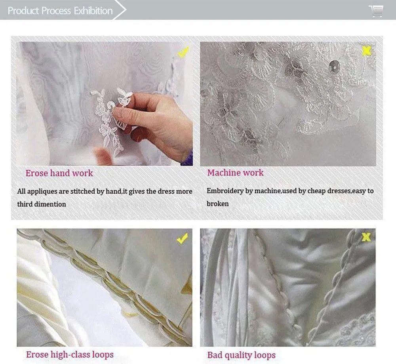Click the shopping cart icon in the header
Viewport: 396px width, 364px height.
(376, 11)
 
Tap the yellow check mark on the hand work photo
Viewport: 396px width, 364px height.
(183, 52)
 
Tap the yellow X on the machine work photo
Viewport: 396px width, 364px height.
(366, 51)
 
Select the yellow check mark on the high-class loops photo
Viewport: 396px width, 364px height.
(182, 238)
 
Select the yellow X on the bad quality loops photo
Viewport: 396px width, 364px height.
(366, 237)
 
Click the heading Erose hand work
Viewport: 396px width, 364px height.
(59, 173)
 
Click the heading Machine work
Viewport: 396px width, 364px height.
(235, 173)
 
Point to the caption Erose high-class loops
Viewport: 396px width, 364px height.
(70, 354)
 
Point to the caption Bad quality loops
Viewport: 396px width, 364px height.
(242, 355)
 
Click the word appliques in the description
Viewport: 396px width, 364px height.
(42, 192)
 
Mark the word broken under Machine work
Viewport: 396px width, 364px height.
(217, 204)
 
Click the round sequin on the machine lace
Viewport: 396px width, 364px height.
(334, 66)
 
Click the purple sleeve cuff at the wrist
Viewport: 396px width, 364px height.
(187, 159)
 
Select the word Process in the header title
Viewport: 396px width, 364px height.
(56, 11)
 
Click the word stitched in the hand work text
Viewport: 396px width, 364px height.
(83, 191)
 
